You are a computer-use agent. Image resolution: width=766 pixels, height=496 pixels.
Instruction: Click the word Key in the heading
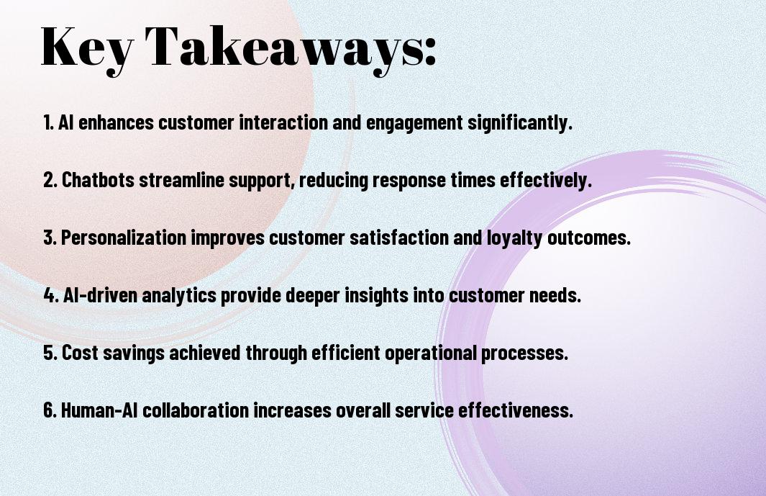tap(87, 47)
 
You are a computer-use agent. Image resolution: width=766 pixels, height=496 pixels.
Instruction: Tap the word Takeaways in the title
tap(284, 47)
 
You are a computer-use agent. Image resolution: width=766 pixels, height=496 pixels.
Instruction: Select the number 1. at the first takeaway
tap(48, 122)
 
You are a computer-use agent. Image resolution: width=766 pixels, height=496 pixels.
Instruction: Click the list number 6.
tap(50, 410)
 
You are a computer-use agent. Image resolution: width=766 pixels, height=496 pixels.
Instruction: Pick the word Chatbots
tap(99, 180)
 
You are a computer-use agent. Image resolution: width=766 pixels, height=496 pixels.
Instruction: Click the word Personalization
tap(124, 238)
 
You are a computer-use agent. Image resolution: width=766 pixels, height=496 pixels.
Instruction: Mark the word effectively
tap(544, 181)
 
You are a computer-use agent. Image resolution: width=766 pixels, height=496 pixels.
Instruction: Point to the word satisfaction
tap(398, 238)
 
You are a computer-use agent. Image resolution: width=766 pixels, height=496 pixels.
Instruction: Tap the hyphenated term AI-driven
tap(101, 295)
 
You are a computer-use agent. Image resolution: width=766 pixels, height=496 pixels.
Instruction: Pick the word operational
tap(430, 353)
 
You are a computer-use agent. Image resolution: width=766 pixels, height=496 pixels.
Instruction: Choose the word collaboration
tap(196, 410)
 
